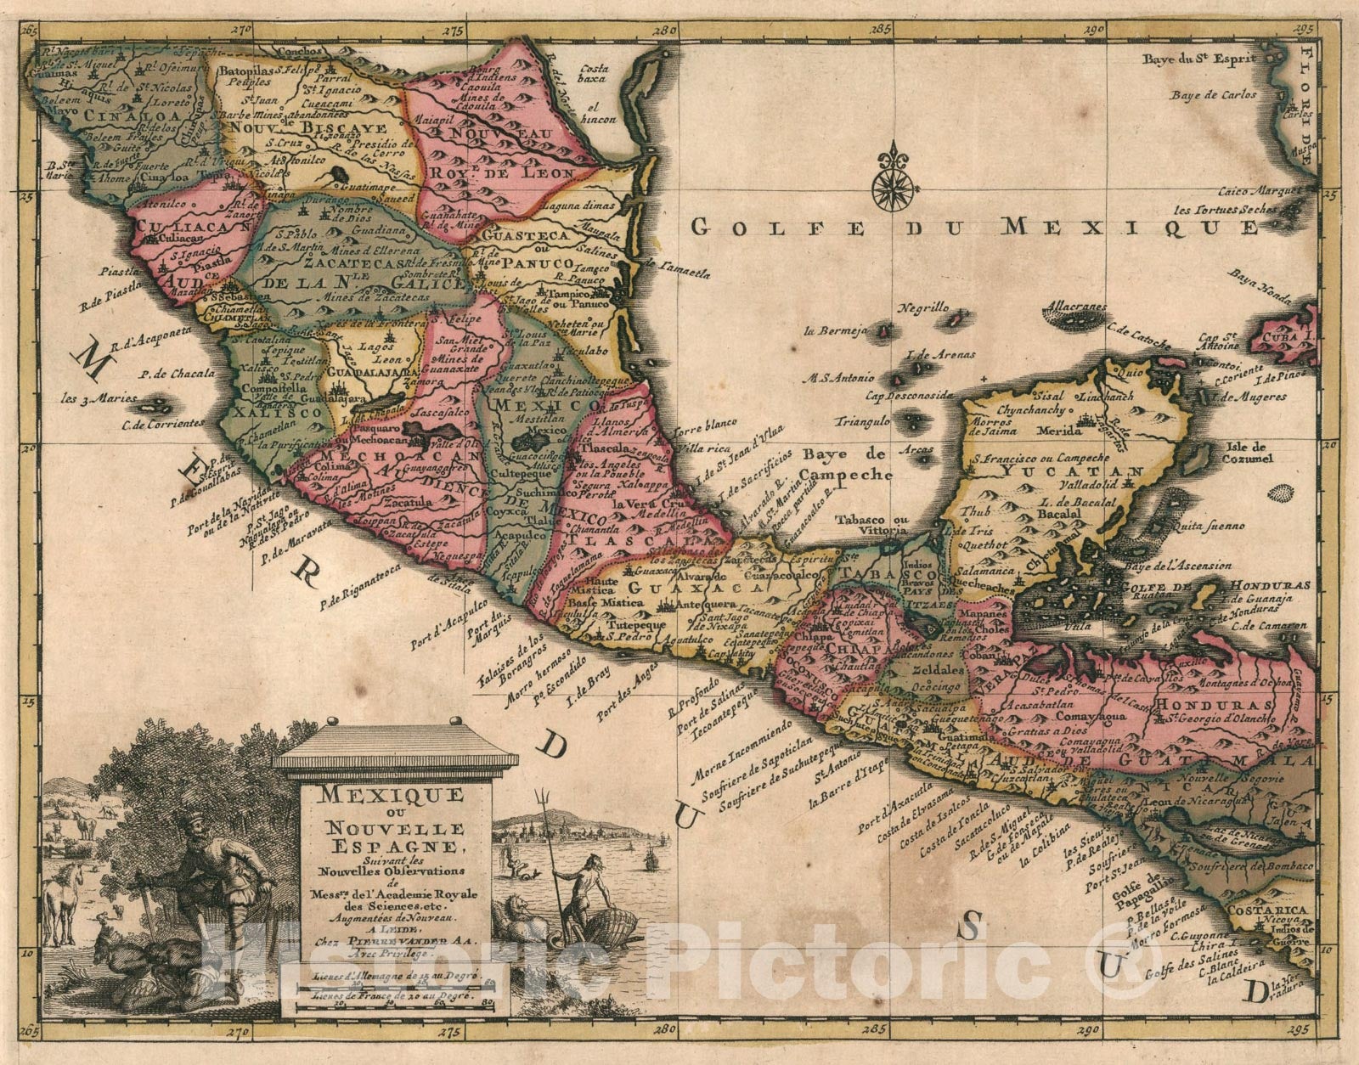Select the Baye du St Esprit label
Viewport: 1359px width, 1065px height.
click(1198, 59)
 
